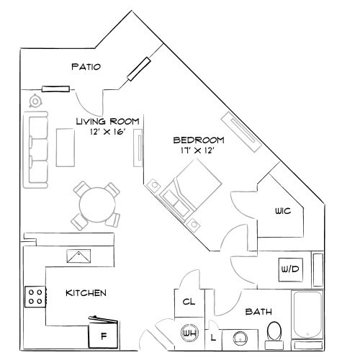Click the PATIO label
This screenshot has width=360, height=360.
[x=86, y=67]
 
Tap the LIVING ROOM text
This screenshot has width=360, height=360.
[x=108, y=121]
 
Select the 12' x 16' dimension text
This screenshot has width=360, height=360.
[x=107, y=132]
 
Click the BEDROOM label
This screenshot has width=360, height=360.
[x=199, y=140]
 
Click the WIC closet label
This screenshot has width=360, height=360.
[x=282, y=212]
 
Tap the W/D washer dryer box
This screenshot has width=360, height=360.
[x=289, y=269]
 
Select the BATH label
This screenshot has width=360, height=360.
[x=258, y=312]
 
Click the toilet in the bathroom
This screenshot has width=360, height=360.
[x=274, y=332]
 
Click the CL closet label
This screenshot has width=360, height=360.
[x=189, y=302]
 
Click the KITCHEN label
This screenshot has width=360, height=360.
[x=86, y=293]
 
